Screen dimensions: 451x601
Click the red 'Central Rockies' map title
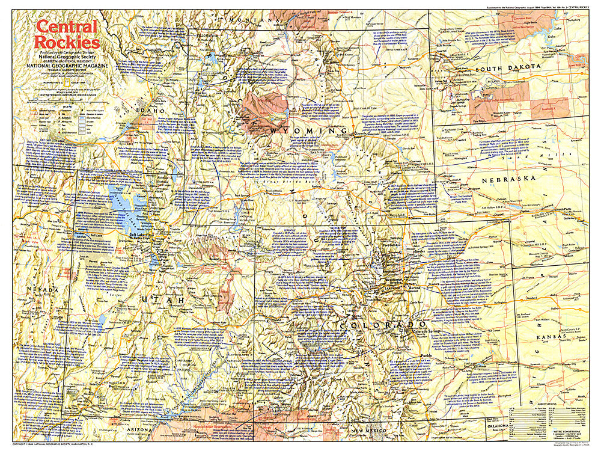(x=66, y=34)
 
